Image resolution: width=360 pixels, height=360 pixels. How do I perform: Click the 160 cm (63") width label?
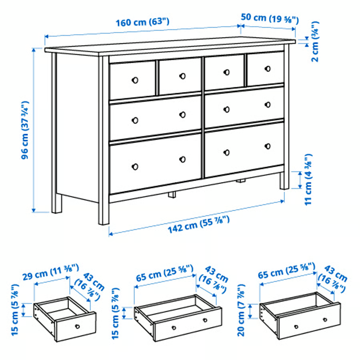[142, 22]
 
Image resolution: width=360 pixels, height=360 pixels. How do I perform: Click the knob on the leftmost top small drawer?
[135, 80]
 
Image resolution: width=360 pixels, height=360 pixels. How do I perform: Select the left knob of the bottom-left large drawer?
[135, 166]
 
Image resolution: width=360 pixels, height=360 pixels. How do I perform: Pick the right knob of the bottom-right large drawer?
[268, 146]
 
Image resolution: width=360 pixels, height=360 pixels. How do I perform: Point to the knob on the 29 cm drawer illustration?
[77, 326]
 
